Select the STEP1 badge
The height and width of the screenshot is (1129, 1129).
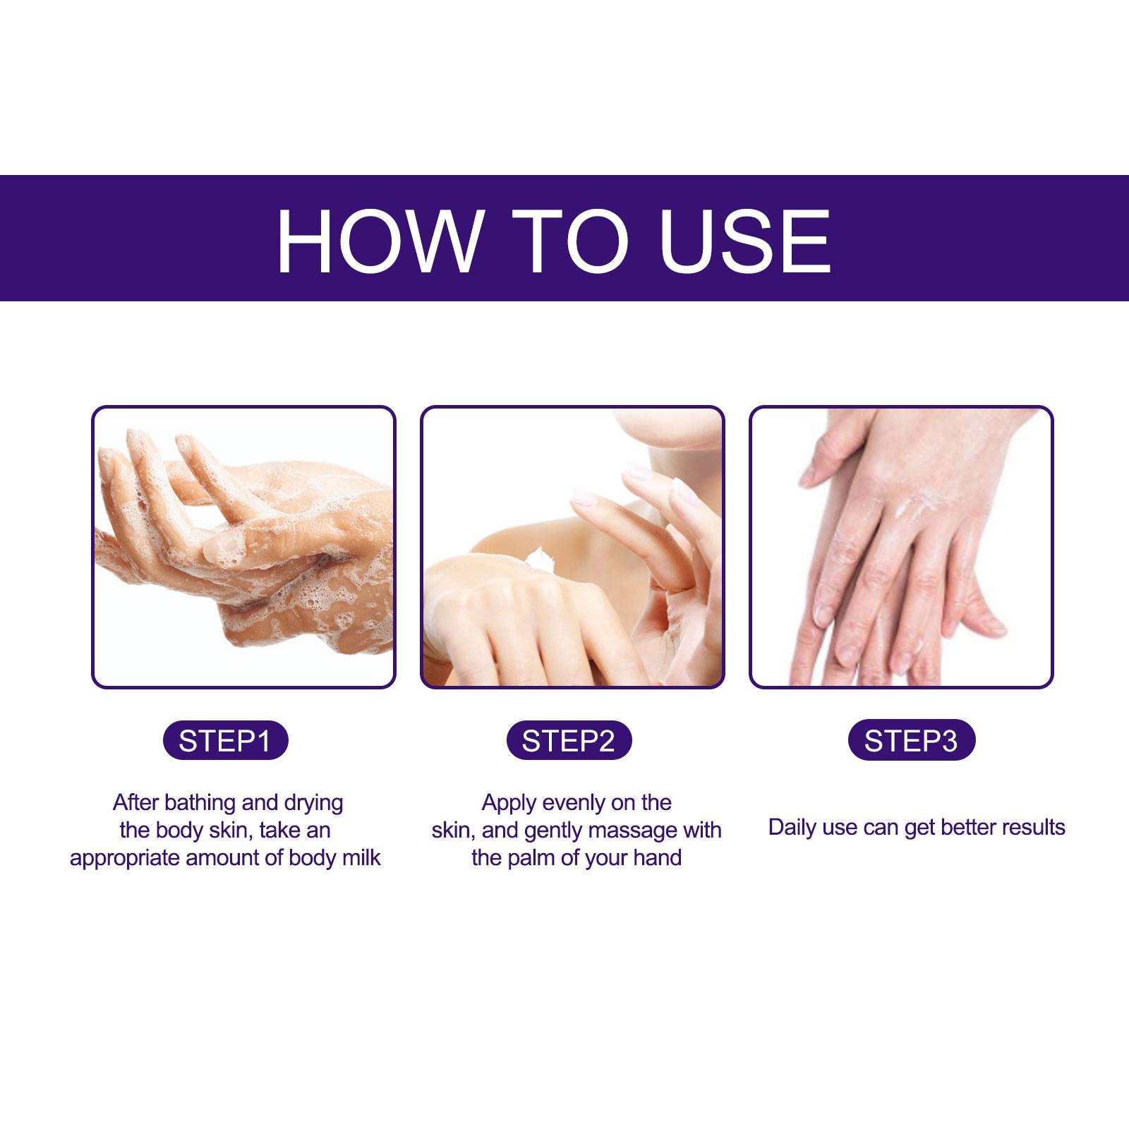225,741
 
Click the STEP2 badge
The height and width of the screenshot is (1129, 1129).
569,741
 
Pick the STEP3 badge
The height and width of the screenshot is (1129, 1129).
911,741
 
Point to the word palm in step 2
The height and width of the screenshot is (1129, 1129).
534,859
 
